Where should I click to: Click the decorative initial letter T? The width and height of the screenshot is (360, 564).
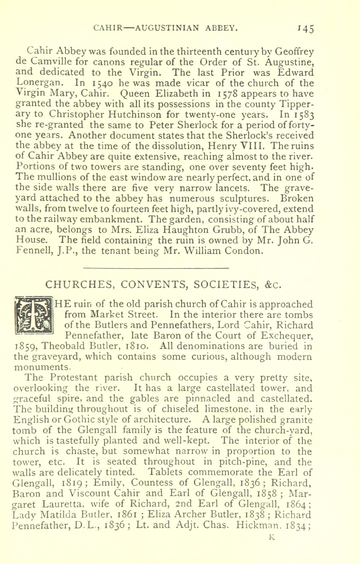pos(34,315)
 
